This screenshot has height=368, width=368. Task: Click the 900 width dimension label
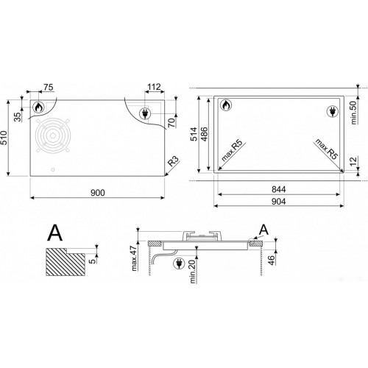tap(98, 193)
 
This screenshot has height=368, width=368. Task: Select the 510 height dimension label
tap(4, 138)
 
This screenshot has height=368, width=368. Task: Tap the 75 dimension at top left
tap(49, 87)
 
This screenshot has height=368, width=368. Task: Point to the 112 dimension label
tap(154, 87)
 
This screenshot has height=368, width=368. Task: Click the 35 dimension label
tap(18, 117)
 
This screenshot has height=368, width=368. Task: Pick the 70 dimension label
tap(172, 122)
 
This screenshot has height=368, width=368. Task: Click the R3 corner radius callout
tap(174, 161)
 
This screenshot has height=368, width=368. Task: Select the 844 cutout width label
tap(279, 189)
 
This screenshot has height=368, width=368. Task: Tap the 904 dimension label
tap(279, 202)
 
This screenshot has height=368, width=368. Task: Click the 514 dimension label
tap(194, 134)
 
